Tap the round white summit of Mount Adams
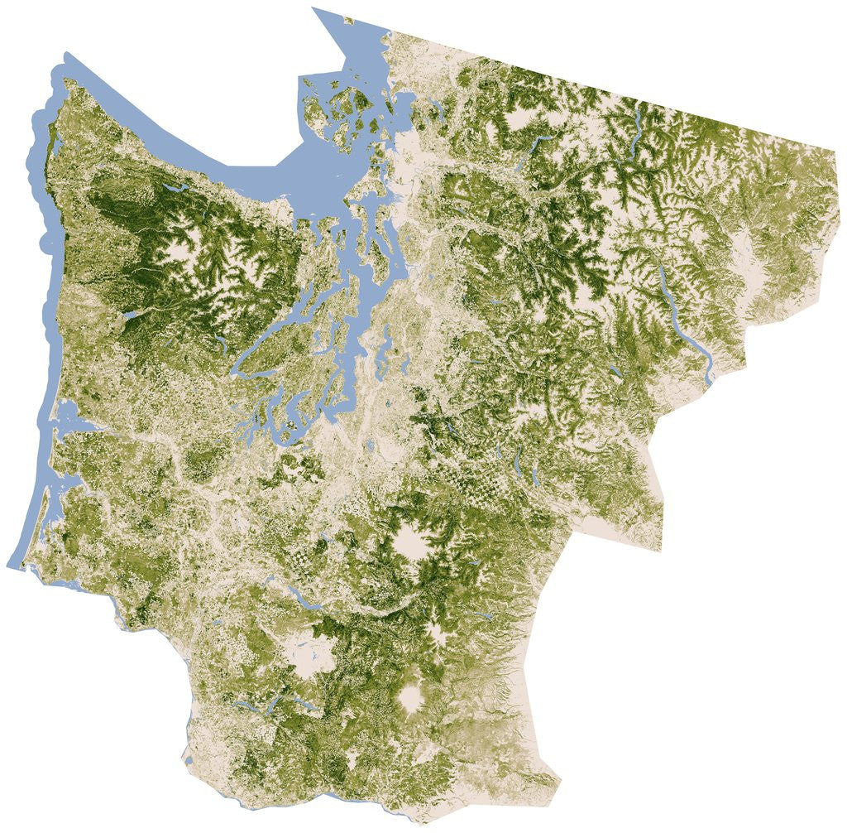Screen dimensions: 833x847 pyautogui.click(x=410, y=698)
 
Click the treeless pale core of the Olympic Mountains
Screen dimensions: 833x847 pyautogui.click(x=186, y=248)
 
